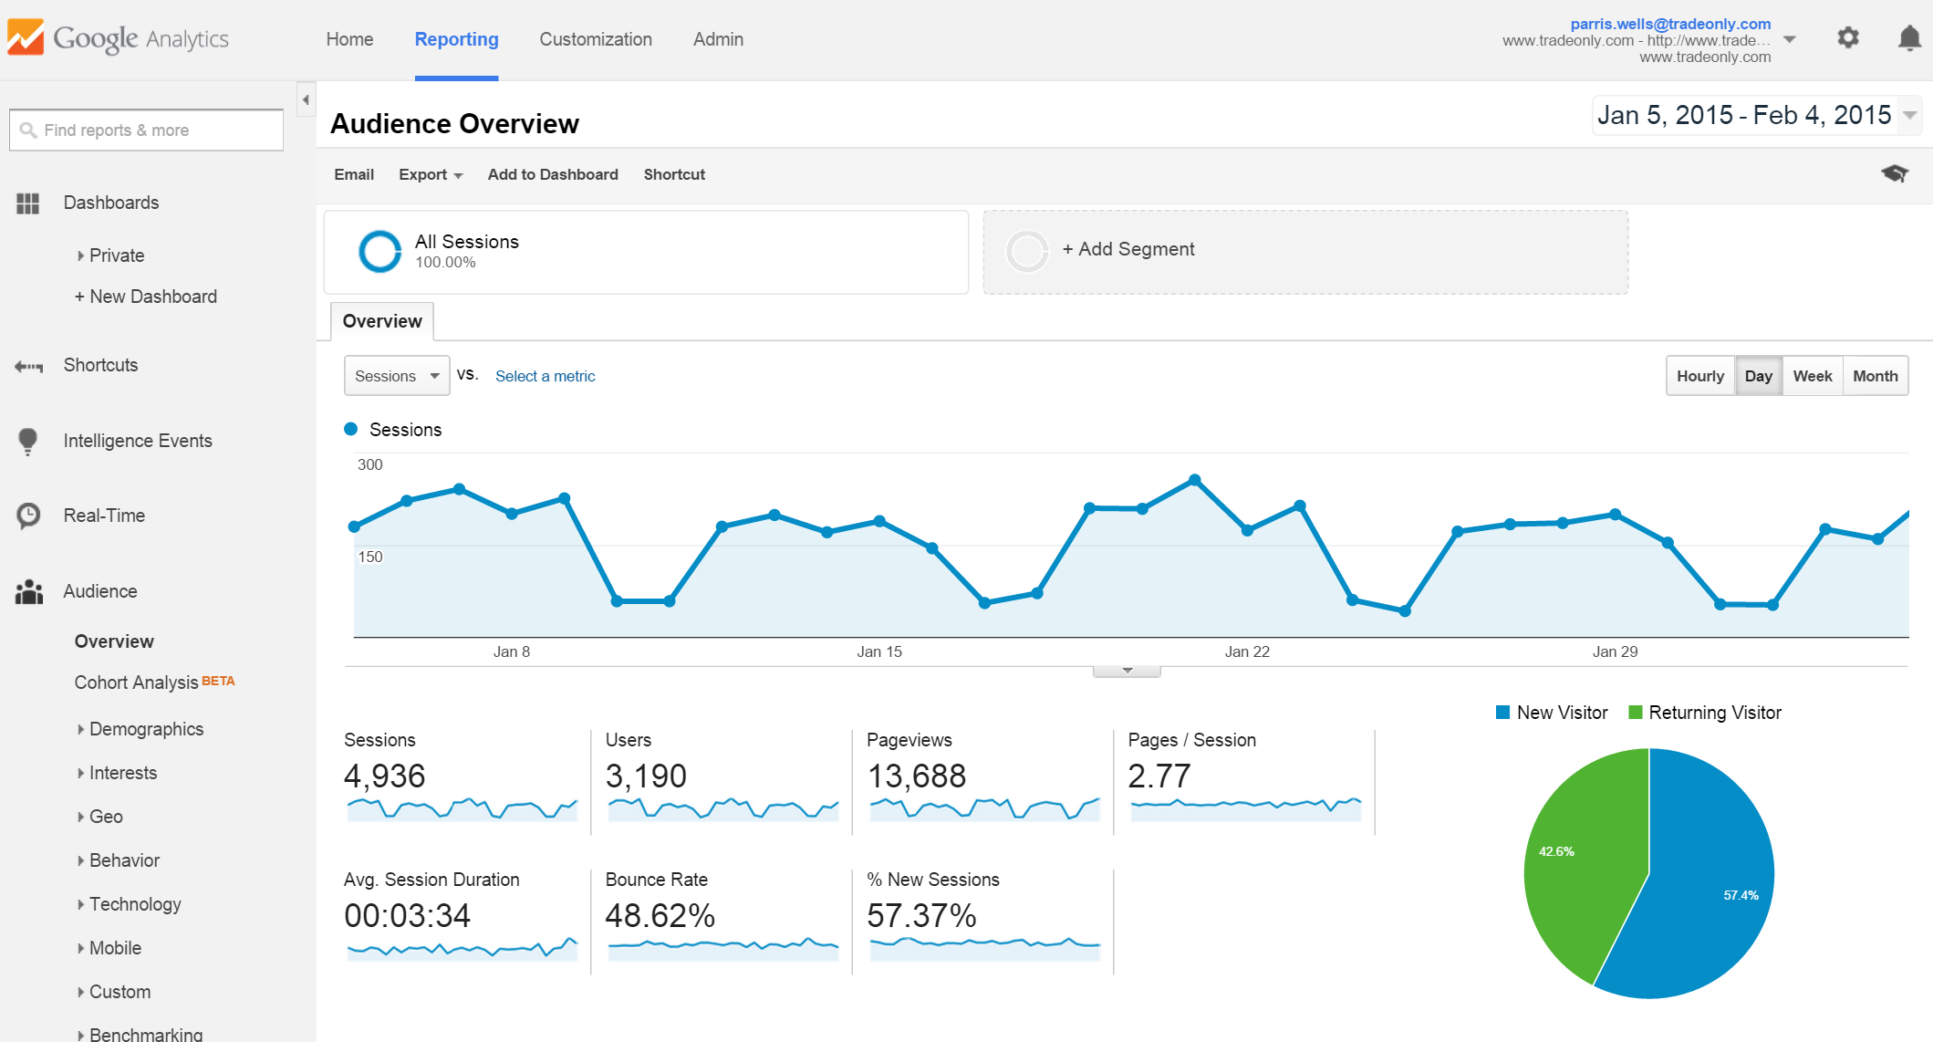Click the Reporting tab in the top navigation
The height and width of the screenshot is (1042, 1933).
pyautogui.click(x=456, y=39)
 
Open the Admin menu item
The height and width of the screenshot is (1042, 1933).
pyautogui.click(x=718, y=39)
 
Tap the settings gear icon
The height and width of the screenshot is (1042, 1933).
pyautogui.click(x=1848, y=38)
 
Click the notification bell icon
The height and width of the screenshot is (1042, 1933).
pyautogui.click(x=1908, y=38)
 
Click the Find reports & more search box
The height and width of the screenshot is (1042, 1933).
pyautogui.click(x=146, y=130)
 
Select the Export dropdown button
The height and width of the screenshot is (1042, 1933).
pyautogui.click(x=431, y=174)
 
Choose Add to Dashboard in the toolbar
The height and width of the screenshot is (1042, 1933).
pyautogui.click(x=553, y=174)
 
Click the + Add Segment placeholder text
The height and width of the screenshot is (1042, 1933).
pyautogui.click(x=1128, y=249)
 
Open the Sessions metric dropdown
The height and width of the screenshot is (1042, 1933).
pyautogui.click(x=397, y=376)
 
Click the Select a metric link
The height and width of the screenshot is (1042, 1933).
pyautogui.click(x=545, y=376)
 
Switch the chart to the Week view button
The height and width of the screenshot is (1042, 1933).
pyautogui.click(x=1812, y=376)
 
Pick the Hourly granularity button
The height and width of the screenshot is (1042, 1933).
pyautogui.click(x=1699, y=376)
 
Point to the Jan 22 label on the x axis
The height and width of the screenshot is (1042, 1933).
pyautogui.click(x=1247, y=651)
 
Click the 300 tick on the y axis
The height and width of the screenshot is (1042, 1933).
pyautogui.click(x=370, y=464)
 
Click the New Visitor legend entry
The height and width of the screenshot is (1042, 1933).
pyautogui.click(x=1553, y=713)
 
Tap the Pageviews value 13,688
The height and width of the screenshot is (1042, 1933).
pyautogui.click(x=916, y=776)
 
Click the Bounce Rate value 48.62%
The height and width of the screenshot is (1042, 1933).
pyautogui.click(x=660, y=915)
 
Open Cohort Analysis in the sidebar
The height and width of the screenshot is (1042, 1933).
pyautogui.click(x=137, y=683)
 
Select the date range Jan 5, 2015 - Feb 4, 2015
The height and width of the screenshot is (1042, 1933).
pyautogui.click(x=1744, y=115)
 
